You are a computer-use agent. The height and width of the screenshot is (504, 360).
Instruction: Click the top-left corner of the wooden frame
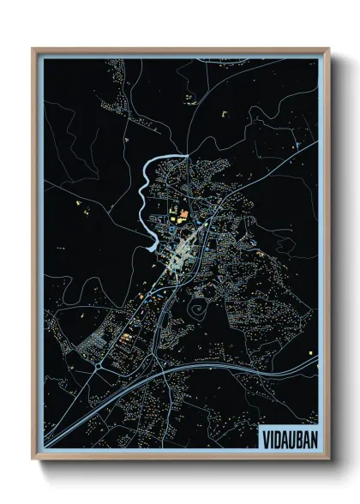click(x=33, y=50)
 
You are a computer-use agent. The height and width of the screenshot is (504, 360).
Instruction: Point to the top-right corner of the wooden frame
click(x=327, y=50)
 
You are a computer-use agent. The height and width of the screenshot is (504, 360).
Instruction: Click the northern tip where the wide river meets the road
click(x=186, y=155)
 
